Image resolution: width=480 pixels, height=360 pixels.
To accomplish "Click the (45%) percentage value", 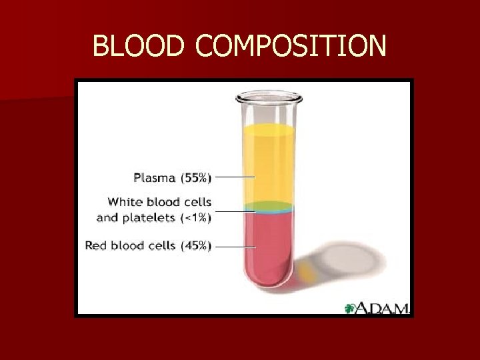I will pyautogui.click(x=195, y=246).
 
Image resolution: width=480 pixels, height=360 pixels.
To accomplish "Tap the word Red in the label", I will pyautogui.click(x=95, y=246).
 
